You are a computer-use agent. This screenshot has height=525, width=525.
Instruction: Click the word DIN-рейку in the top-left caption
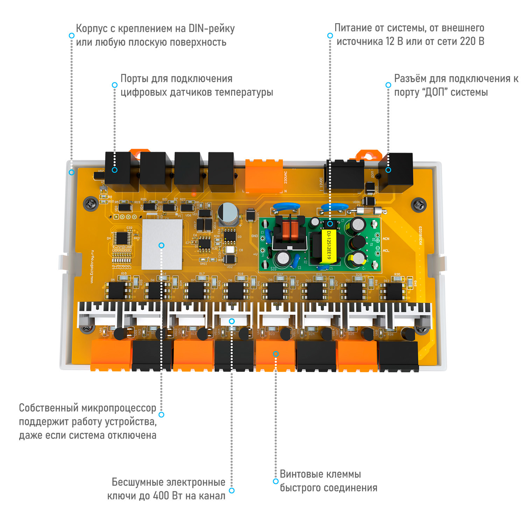pyautogui.click(x=211, y=28)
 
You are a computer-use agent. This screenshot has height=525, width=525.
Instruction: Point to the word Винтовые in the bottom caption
pyautogui.click(x=301, y=474)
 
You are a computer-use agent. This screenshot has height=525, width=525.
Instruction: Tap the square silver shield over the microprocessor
pyautogui.click(x=162, y=244)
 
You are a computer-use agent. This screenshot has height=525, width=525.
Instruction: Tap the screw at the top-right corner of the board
pyautogui.click(x=419, y=205)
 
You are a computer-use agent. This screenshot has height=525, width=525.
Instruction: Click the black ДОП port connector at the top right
pyautogui.click(x=397, y=172)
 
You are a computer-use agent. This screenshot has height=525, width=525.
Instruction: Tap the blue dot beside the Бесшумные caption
pyautogui.click(x=231, y=490)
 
